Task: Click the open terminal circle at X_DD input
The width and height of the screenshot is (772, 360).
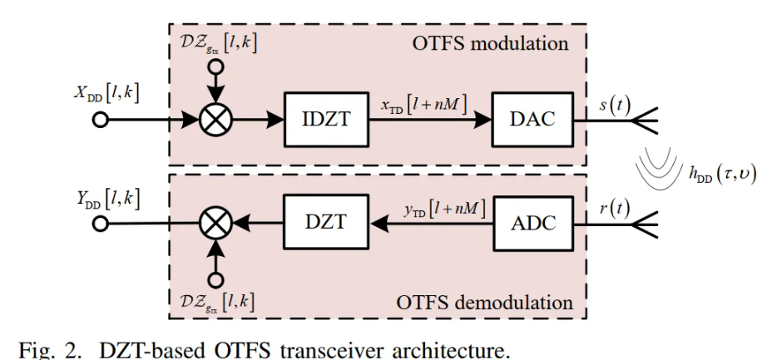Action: click(x=101, y=120)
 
